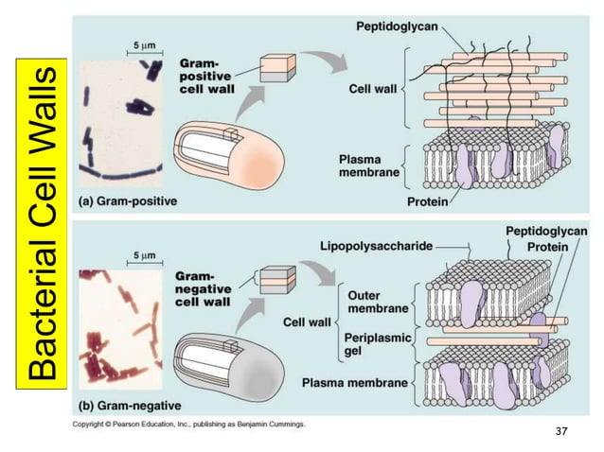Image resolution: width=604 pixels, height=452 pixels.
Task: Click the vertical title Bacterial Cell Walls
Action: coord(44,224)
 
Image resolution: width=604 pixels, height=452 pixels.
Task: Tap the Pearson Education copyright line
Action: coord(189,425)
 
